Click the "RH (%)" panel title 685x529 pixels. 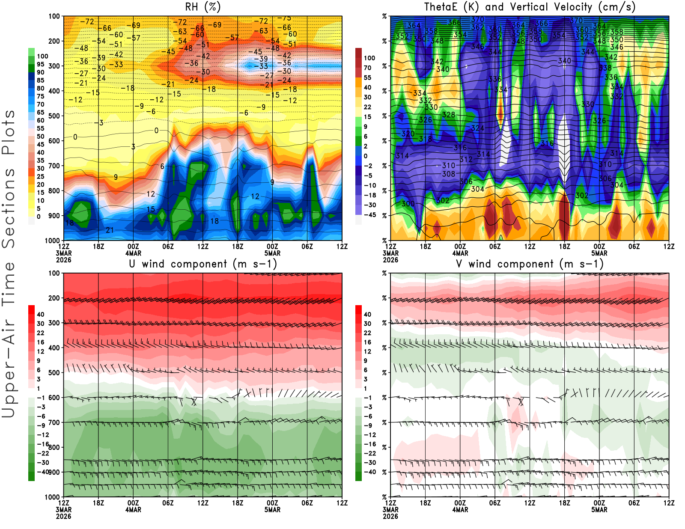click(203, 7)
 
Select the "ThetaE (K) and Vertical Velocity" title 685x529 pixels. click(530, 7)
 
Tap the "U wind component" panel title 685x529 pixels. click(203, 264)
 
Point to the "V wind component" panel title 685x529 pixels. click(530, 264)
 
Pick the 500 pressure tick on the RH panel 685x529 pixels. click(54, 116)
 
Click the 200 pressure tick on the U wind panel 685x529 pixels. click(54, 298)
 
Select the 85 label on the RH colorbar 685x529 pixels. click(40, 80)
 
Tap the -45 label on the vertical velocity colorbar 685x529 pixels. click(369, 215)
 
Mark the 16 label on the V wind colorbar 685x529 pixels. click(367, 342)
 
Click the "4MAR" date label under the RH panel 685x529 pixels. click(133, 253)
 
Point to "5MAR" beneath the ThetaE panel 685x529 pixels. click(599, 253)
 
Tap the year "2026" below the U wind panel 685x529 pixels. click(63, 516)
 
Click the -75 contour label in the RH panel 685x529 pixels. click(284, 18)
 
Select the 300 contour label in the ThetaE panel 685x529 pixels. click(408, 203)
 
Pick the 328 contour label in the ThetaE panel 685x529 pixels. click(448, 114)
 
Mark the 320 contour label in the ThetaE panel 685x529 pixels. click(408, 134)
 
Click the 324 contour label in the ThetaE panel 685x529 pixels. click(477, 128)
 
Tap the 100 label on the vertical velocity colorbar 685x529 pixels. click(369, 58)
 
